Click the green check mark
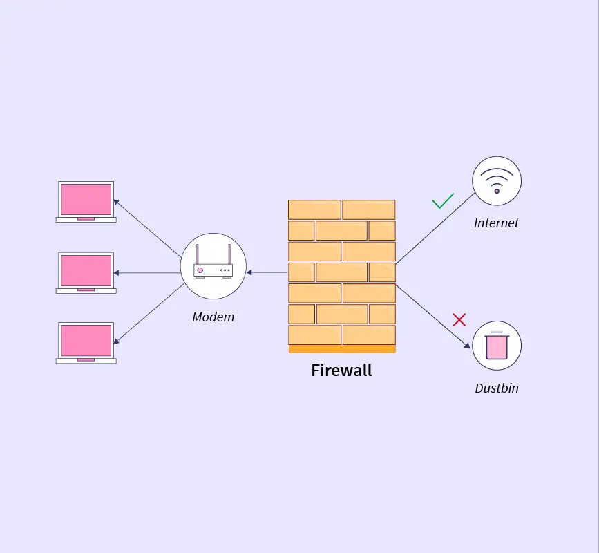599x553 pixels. pyautogui.click(x=443, y=201)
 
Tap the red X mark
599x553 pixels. pyautogui.click(x=459, y=319)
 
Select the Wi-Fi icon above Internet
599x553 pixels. pyautogui.click(x=497, y=181)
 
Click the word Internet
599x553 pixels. pyautogui.click(x=496, y=223)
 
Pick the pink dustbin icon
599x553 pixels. pyautogui.click(x=497, y=346)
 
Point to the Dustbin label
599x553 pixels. pyautogui.click(x=496, y=388)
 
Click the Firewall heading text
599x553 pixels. pyautogui.click(x=341, y=371)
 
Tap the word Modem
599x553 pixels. pyautogui.click(x=213, y=317)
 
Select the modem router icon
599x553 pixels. pyautogui.click(x=213, y=267)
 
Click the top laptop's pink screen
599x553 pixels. pyautogui.click(x=86, y=199)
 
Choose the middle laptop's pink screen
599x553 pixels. pyautogui.click(x=86, y=270)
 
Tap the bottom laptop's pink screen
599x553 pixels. pyautogui.click(x=86, y=340)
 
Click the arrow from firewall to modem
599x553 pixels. pyautogui.click(x=267, y=272)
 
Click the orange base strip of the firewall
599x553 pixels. pyautogui.click(x=342, y=349)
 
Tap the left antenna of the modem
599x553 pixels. pyautogui.click(x=197, y=254)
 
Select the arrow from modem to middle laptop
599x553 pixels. pyautogui.click(x=147, y=273)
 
